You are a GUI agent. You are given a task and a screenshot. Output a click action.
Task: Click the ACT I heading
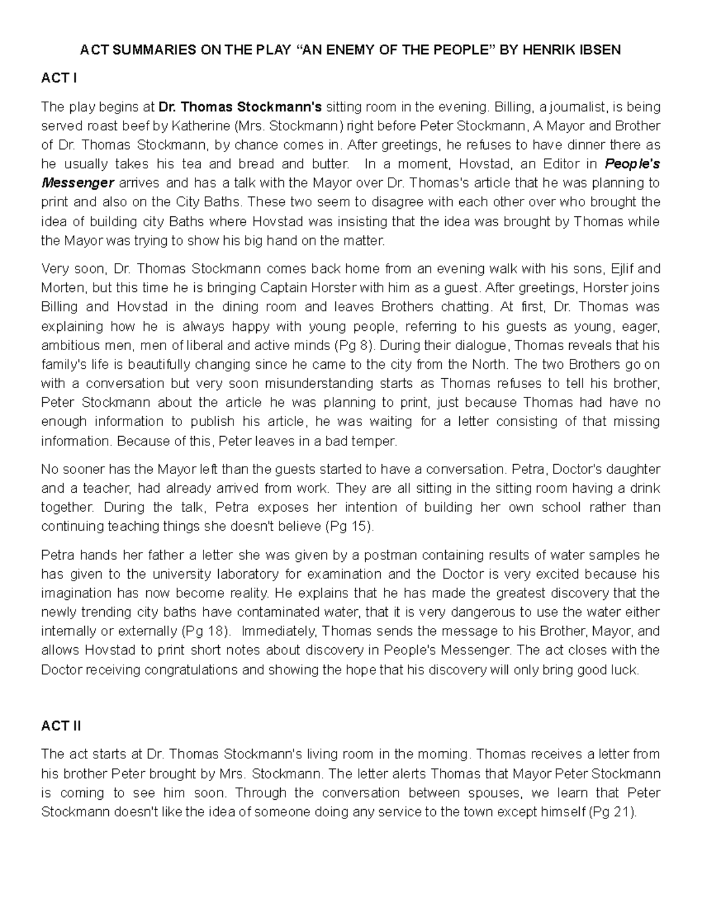pos(58,78)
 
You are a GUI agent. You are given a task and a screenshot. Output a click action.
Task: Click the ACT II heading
pos(61,726)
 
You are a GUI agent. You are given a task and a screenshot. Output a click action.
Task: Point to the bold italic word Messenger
pos(77,183)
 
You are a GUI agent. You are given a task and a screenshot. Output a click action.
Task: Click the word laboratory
pos(249,574)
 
